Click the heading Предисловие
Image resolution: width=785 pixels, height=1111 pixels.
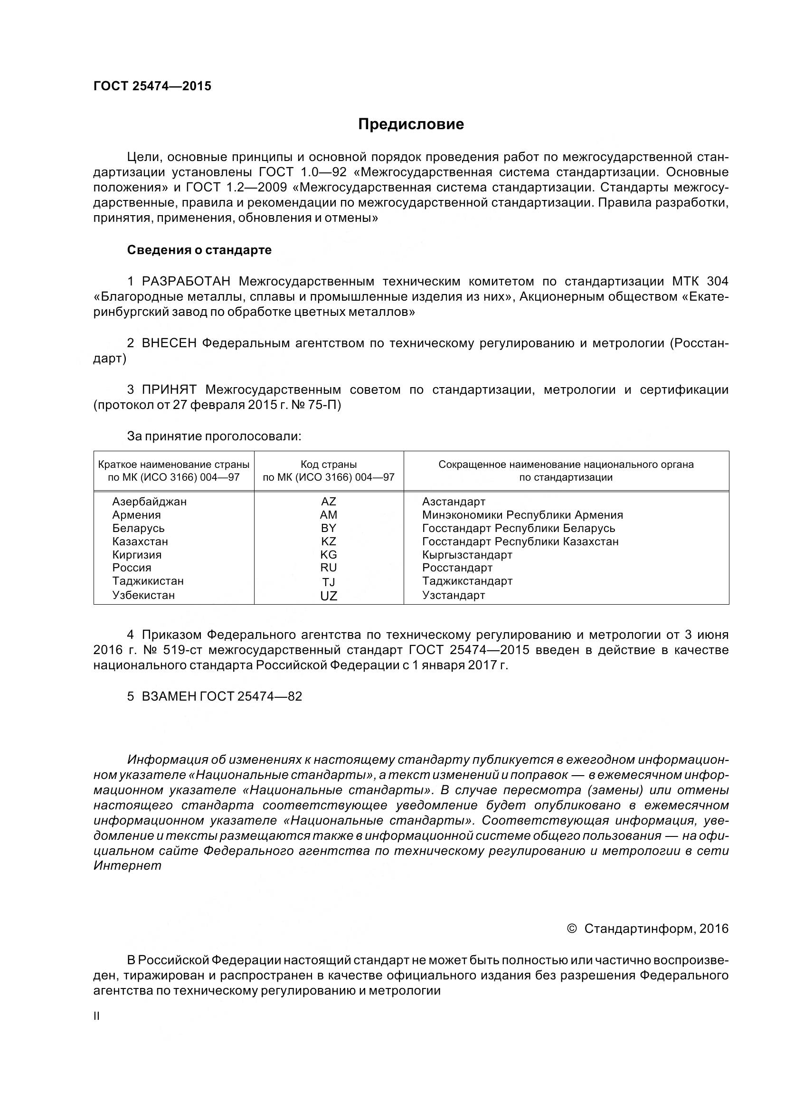pyautogui.click(x=411, y=124)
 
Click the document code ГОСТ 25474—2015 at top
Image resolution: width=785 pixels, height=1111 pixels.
pyautogui.click(x=152, y=86)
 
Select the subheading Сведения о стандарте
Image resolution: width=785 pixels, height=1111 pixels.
pyautogui.click(x=199, y=250)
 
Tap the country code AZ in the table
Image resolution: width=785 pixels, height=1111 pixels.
pyautogui.click(x=329, y=502)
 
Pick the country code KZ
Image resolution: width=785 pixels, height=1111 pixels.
pyautogui.click(x=329, y=541)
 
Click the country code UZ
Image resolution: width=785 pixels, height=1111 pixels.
pyautogui.click(x=329, y=596)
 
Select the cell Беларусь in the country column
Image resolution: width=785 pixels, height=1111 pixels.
pyautogui.click(x=138, y=528)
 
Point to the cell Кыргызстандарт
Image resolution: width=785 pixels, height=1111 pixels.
pyautogui.click(x=467, y=555)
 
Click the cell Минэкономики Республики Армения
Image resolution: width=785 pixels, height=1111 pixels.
pyautogui.click(x=522, y=515)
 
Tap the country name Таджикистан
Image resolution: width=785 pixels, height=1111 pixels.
pyautogui.click(x=148, y=581)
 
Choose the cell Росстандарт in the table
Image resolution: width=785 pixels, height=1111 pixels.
pyautogui.click(x=457, y=568)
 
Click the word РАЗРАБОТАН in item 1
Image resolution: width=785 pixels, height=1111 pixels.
pyautogui.click(x=186, y=281)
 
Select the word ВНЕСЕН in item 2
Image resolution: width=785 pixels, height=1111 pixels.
pyautogui.click(x=169, y=343)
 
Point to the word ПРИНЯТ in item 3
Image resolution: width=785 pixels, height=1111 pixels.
pyautogui.click(x=169, y=389)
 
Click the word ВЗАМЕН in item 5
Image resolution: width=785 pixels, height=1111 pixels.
pyautogui.click(x=169, y=696)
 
